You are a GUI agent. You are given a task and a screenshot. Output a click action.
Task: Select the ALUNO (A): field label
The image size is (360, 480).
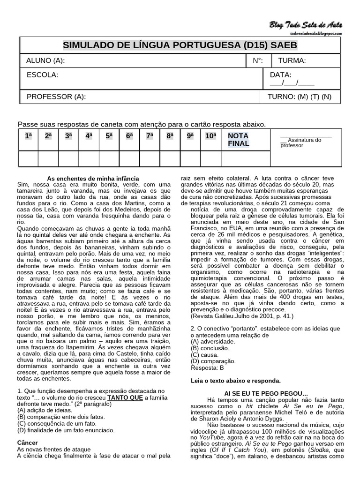pos(46,60)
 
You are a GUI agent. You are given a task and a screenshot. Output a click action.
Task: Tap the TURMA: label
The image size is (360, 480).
pos(292,60)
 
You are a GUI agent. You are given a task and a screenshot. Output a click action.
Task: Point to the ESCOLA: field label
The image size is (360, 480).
pos(42,75)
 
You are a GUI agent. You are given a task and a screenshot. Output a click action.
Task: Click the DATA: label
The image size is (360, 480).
pos(281,75)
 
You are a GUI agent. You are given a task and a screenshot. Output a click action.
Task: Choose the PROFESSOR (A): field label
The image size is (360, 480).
pos(56,97)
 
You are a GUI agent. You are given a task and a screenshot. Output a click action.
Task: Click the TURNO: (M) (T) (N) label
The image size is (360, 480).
pos(299,97)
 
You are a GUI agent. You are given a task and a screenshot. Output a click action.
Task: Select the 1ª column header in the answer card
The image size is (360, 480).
pos(28,136)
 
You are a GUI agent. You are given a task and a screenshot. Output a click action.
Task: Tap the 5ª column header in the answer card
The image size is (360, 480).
pos(109,136)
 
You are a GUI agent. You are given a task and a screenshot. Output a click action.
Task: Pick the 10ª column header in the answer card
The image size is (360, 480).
pos(211,136)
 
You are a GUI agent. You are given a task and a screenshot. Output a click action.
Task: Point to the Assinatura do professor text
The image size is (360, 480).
pos(300,142)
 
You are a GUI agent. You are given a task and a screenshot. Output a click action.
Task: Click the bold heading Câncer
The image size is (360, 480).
pos(27,442)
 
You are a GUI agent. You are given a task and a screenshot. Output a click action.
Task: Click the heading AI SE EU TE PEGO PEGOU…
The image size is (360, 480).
pos(266,393)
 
